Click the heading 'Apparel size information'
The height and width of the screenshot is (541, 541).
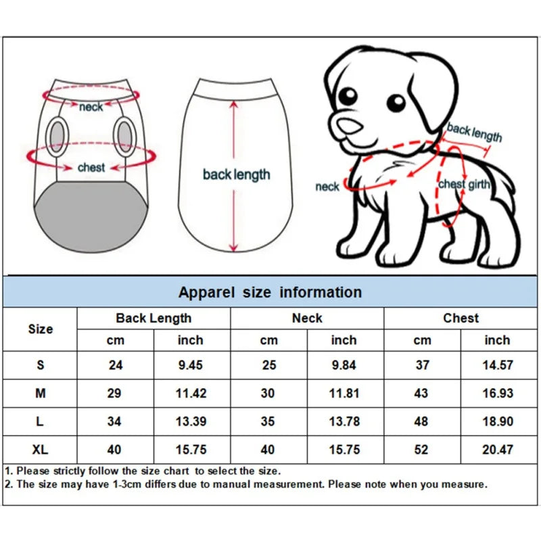(x=270, y=292)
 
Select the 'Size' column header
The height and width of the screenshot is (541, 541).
(x=41, y=329)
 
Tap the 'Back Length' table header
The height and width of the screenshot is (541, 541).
(x=154, y=318)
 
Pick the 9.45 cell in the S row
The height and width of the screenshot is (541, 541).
(x=191, y=365)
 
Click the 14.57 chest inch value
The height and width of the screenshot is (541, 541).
(x=497, y=365)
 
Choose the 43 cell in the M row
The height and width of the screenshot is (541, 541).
(x=422, y=393)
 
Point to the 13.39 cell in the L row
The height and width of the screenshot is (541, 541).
(x=191, y=421)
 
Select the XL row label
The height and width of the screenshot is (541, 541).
(x=41, y=450)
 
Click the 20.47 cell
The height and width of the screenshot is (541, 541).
(x=497, y=450)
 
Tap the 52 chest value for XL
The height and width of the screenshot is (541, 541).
(x=422, y=450)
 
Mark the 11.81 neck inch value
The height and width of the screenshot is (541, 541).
(x=344, y=393)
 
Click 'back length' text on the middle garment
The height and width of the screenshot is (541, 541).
(x=236, y=174)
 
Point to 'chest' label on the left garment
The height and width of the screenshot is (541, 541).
(x=91, y=167)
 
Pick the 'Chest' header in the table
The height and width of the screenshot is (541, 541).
(x=461, y=318)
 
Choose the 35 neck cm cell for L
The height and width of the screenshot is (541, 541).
(x=268, y=421)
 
